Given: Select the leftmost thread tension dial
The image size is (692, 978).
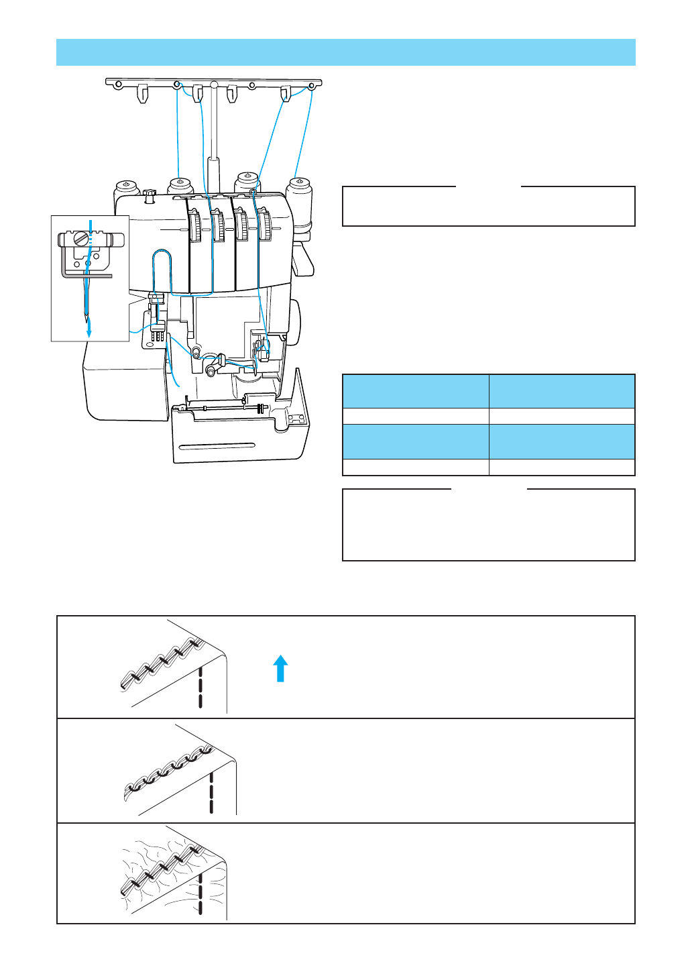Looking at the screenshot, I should coord(195,227).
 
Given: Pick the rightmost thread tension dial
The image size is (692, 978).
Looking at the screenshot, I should coord(266,226).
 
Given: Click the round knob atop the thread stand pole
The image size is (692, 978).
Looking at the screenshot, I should coord(213,85).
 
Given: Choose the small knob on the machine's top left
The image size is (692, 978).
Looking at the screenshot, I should coord(150,195).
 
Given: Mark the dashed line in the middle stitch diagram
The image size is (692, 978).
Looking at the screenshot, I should coord(211,792).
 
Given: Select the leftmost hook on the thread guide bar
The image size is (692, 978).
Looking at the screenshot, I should coord(142,93).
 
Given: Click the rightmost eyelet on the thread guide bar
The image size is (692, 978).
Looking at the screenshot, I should coord(312,86).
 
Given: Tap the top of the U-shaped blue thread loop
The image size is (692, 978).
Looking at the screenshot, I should coord(162,252).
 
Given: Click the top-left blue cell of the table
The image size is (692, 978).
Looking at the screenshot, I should coord(415,391).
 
